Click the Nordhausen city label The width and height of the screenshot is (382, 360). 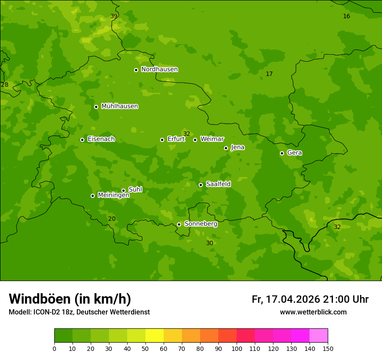(159, 69)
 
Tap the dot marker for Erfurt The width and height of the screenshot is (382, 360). (162, 140)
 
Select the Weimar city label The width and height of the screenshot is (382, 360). (212, 139)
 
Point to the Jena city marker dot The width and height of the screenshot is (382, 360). (226, 148)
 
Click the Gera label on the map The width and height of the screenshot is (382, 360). (294, 153)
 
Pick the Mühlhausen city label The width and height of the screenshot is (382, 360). (119, 106)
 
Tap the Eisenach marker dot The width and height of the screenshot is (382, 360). (82, 140)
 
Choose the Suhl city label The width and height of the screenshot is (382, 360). (135, 190)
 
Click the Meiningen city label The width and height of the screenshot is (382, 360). (113, 195)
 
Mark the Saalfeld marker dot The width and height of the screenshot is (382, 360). (201, 185)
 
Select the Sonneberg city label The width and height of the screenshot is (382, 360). (201, 224)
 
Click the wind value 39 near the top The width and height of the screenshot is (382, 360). (114, 16)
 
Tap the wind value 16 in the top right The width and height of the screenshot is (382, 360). (346, 16)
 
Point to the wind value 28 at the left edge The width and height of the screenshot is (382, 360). (5, 85)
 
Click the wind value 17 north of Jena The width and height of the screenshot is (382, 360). (269, 74)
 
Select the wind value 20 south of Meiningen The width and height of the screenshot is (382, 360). (112, 219)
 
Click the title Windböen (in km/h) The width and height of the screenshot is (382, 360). (70, 299)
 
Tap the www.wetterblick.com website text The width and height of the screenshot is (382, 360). (313, 312)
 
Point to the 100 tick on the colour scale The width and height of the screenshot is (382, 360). (237, 348)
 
